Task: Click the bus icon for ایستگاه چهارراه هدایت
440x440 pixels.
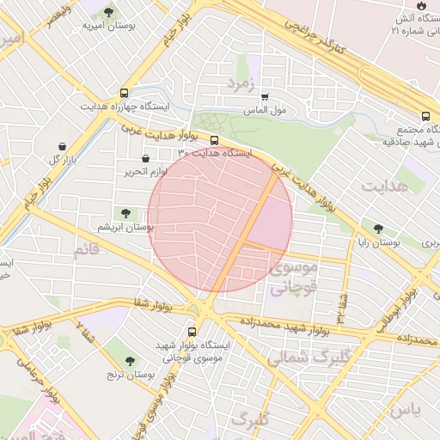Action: click(125, 93)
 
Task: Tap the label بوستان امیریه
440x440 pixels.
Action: click(110, 27)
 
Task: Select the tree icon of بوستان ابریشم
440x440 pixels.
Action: click(125, 212)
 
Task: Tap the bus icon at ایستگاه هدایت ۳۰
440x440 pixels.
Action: click(214, 140)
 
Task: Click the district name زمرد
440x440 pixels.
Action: click(242, 82)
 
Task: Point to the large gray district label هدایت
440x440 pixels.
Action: click(385, 186)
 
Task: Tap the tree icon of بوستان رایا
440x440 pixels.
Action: click(379, 229)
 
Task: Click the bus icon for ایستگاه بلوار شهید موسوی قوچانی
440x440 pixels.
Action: click(191, 330)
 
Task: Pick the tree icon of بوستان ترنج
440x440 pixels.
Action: click(130, 361)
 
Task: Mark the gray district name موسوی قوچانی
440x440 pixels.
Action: click(294, 278)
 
